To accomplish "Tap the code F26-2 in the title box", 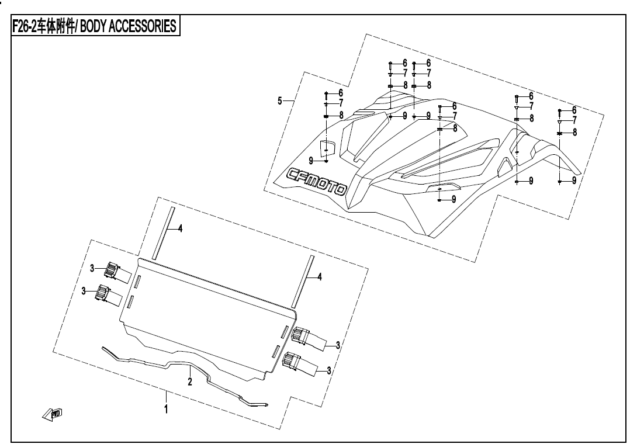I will pos(25,27).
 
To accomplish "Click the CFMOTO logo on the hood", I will pos(317,181).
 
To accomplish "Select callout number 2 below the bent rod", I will pos(189,382).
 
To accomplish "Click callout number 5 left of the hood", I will pos(281,101).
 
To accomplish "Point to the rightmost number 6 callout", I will pos(574,110).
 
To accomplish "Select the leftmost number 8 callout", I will pos(341,115).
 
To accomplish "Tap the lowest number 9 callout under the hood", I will pos(453,199).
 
